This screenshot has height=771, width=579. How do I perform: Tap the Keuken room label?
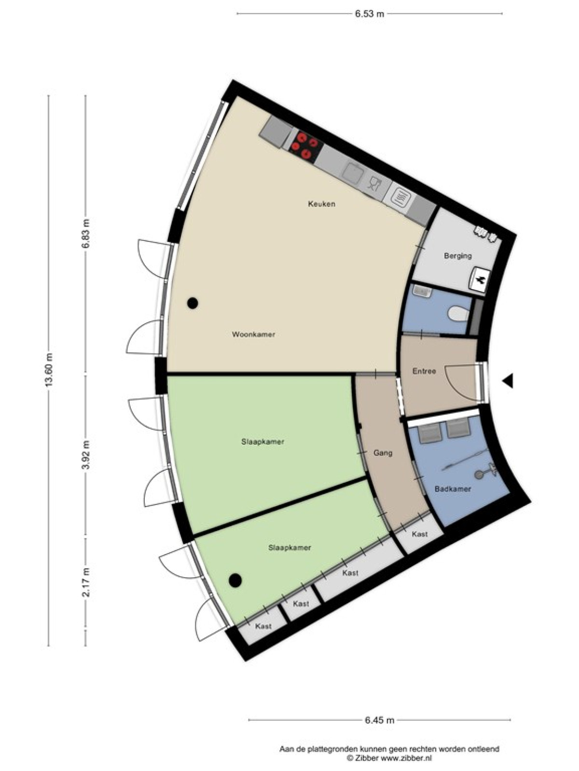coord(321,204)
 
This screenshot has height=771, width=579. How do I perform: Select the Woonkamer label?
coord(253,334)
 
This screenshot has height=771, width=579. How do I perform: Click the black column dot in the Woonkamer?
coord(193,303)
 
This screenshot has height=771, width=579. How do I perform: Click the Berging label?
coord(458,256)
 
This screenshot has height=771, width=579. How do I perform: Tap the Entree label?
coord(424,371)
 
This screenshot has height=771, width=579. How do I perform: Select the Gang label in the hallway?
coord(383,453)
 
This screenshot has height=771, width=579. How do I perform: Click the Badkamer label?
coord(453,489)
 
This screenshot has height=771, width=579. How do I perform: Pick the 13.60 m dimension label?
coord(49,370)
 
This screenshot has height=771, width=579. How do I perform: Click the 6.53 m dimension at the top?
coord(369,14)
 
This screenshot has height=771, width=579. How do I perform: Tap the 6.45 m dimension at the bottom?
coord(379,681)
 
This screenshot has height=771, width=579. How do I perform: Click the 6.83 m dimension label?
coord(86,233)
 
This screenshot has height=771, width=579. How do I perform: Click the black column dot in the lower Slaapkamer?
coord(235,580)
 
